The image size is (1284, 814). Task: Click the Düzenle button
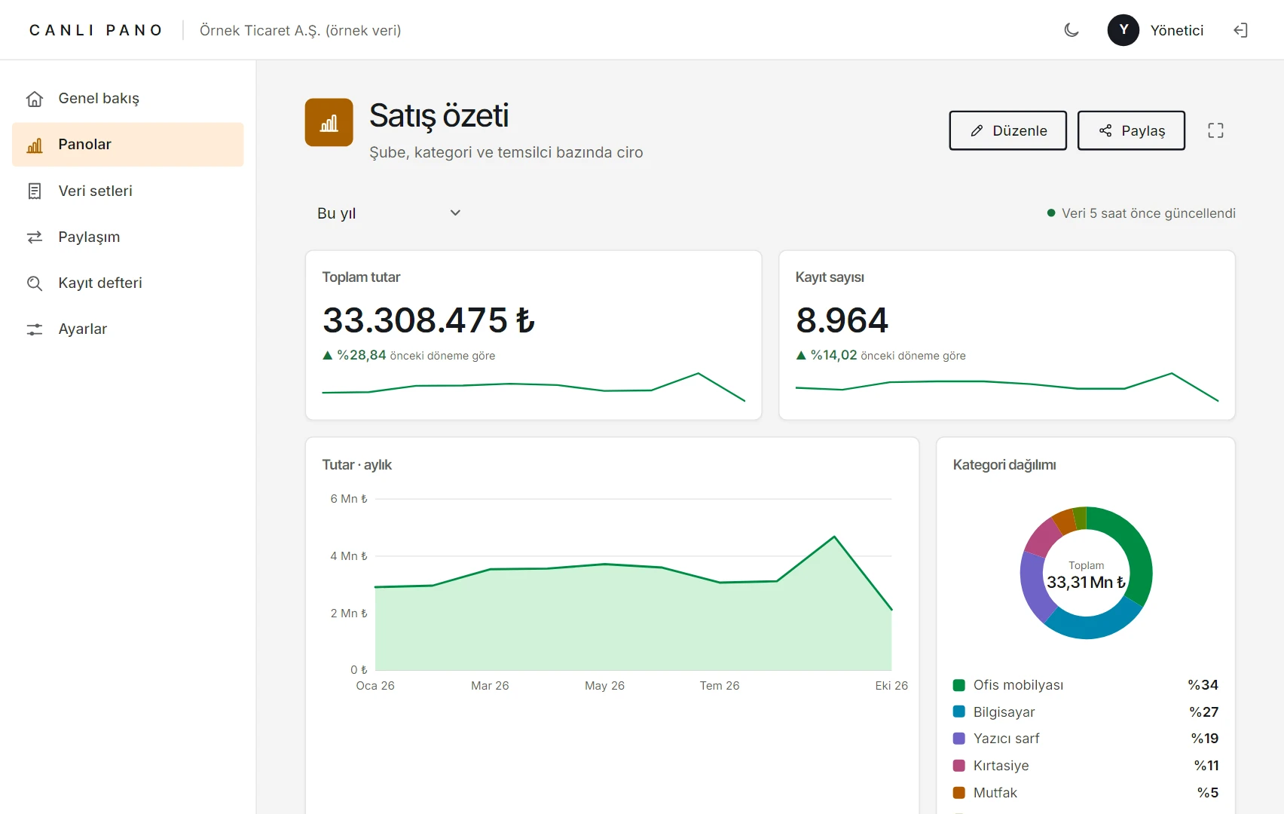click(x=1007, y=130)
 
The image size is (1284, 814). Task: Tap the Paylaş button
click(x=1131, y=130)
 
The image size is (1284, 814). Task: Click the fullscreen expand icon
click(x=1215, y=130)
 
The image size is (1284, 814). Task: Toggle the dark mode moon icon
click(x=1072, y=30)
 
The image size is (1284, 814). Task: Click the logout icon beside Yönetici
click(x=1240, y=30)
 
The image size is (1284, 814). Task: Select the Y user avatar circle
click(x=1123, y=30)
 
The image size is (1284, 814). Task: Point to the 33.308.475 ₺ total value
click(x=429, y=320)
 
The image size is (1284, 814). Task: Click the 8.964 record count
click(x=842, y=320)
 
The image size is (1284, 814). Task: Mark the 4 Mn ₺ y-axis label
click(x=349, y=556)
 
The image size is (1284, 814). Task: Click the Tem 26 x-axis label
click(x=720, y=686)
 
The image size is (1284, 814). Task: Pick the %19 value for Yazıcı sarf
click(x=1205, y=739)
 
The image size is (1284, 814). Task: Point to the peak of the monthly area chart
click(x=834, y=537)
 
